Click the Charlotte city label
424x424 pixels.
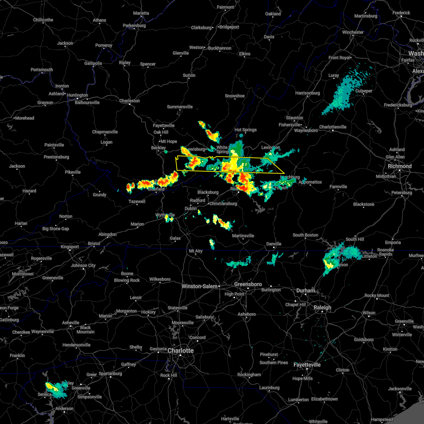click(x=181, y=351)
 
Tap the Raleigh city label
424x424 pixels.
click(x=323, y=307)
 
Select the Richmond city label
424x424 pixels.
click(x=400, y=166)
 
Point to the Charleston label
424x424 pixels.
click(x=129, y=101)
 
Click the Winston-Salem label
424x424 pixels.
click(x=199, y=286)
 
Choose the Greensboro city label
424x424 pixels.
click(x=248, y=284)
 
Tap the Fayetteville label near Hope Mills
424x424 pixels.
click(x=307, y=365)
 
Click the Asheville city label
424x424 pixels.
click(x=71, y=323)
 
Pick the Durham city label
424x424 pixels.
click(x=306, y=290)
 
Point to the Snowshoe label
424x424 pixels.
click(x=235, y=96)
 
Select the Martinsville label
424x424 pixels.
click(x=243, y=236)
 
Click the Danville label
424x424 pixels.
click(x=273, y=244)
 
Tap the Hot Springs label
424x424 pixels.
click(x=246, y=130)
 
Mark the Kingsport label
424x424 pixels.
click(x=70, y=247)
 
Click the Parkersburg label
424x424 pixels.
click(x=134, y=25)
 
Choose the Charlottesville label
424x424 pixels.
click(x=333, y=127)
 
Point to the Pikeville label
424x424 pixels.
click(x=73, y=172)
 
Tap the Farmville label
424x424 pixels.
click(x=338, y=187)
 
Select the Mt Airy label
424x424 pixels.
click(x=196, y=251)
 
